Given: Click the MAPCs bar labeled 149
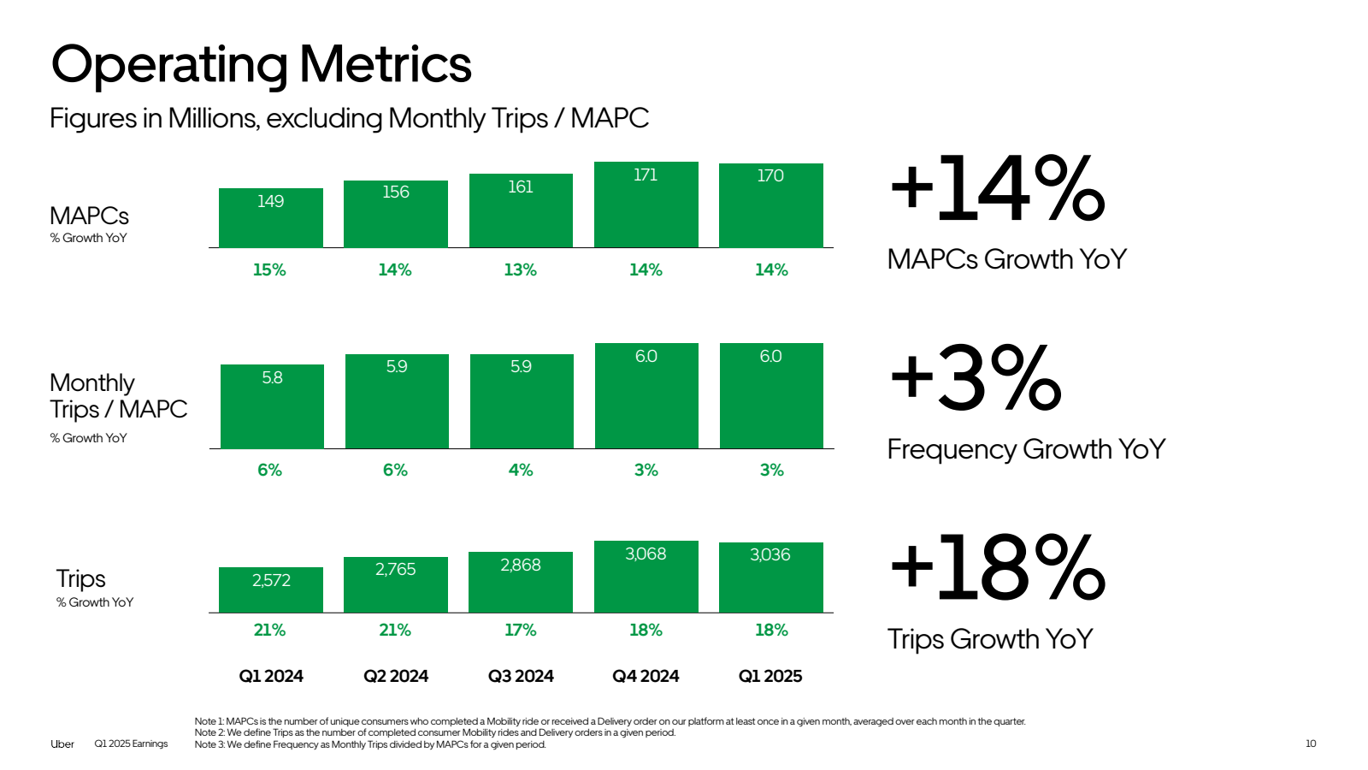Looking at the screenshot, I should point(271,218).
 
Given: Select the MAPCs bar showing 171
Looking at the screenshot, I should point(646,205).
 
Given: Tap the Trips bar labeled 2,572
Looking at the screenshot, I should point(271,589).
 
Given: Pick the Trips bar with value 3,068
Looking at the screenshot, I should point(646,577).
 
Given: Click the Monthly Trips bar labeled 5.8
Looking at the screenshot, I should point(272,406).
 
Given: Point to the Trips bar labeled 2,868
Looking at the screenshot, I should point(521,582).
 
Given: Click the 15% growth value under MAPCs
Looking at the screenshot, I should point(269,270).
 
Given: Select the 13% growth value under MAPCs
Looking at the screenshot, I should point(520,270).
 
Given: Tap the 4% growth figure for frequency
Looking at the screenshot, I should point(520,470).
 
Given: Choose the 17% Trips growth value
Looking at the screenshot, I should point(520,630).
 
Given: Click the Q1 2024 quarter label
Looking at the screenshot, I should point(271,676).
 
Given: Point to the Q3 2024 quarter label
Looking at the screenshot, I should point(521,676).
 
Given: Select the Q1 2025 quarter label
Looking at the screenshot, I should point(770,676).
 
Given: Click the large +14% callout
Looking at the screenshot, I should point(997,189).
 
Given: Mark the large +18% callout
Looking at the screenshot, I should point(997,567).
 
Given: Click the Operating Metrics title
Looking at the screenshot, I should point(261,65).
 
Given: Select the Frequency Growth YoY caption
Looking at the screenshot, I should point(1026,449).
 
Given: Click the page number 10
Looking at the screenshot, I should point(1311,743).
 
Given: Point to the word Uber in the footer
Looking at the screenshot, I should point(62,743).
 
